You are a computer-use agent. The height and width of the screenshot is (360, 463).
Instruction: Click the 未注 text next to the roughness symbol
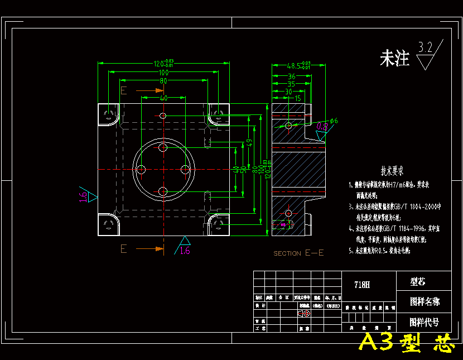pos(394,59)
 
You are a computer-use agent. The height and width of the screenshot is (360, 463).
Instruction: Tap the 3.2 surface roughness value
pos(426,47)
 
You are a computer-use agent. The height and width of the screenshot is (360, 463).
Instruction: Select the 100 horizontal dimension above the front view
pos(163,73)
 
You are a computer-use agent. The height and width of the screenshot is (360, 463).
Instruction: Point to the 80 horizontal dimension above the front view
pos(163,81)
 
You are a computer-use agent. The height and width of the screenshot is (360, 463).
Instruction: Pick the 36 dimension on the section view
pos(291,76)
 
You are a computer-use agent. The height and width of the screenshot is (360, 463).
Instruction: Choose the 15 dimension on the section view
pos(297,98)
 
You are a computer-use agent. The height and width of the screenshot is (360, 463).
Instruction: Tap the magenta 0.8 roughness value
pos(322,127)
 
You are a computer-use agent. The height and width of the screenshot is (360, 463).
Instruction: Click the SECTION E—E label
pos(298,253)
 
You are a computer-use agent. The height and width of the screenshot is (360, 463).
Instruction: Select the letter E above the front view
pos(124,90)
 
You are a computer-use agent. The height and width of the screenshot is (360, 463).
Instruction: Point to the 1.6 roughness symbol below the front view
pos(185,248)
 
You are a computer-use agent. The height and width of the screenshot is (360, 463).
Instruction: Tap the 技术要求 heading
pos(392,170)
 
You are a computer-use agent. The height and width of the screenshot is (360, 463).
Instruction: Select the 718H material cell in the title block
pos(362,285)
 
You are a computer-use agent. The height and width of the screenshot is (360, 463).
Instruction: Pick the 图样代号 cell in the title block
pos(424,322)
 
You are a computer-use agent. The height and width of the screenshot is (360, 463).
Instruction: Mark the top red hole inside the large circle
pos(163,147)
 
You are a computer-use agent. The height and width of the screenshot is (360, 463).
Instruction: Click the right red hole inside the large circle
pos(186,169)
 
